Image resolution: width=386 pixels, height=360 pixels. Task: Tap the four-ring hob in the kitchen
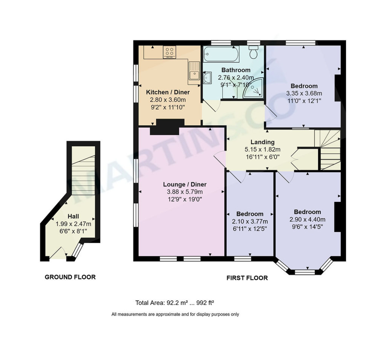(x=170, y=52)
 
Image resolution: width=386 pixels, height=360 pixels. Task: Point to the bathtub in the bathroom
(x=221, y=54)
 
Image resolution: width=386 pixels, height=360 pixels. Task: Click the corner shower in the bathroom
(x=254, y=88)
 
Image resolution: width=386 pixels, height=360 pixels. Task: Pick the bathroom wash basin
(x=207, y=78)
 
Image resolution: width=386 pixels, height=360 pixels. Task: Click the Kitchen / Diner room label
(x=168, y=92)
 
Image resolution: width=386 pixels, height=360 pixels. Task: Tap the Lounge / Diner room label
(x=185, y=184)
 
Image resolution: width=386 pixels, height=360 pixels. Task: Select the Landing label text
(x=262, y=142)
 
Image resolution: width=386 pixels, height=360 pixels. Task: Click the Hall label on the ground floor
(x=73, y=216)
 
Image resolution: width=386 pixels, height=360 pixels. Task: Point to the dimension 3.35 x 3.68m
(x=304, y=93)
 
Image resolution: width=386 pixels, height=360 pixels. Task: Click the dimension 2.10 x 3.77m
(x=250, y=222)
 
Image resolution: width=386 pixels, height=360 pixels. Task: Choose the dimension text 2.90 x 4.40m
(x=307, y=220)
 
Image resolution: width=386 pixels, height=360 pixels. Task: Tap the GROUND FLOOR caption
(x=70, y=277)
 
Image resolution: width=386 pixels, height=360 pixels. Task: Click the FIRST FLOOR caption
(x=247, y=278)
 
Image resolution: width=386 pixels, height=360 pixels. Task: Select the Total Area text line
(x=175, y=303)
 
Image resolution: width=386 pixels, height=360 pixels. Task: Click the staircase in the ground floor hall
(x=83, y=175)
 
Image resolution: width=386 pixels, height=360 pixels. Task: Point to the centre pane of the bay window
(x=305, y=272)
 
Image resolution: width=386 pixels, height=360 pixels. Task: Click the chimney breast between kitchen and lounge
(x=168, y=127)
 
